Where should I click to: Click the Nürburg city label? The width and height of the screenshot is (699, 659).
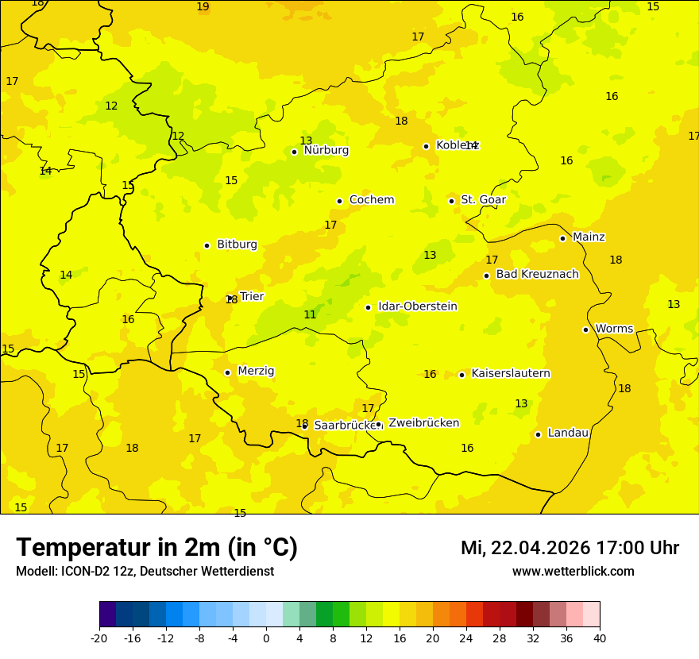click(x=326, y=150)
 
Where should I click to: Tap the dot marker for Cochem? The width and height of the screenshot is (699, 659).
click(x=339, y=201)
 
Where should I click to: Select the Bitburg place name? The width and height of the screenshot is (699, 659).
click(x=237, y=245)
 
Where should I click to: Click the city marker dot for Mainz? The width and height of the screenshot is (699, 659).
click(x=562, y=238)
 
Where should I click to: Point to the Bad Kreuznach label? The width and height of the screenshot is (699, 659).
click(x=537, y=274)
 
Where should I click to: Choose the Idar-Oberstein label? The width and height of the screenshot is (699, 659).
click(x=417, y=306)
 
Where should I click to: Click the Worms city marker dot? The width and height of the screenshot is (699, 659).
click(x=585, y=329)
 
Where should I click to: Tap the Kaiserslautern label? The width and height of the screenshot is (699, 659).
click(x=511, y=373)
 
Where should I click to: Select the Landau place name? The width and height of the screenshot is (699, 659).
click(x=568, y=433)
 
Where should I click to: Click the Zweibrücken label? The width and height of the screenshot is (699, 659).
click(x=423, y=422)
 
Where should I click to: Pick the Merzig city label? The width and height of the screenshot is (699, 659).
click(x=256, y=371)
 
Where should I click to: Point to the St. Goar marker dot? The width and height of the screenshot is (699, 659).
click(x=451, y=201)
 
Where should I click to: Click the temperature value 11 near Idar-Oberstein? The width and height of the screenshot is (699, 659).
click(x=310, y=315)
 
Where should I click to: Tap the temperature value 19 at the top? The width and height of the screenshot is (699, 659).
click(x=203, y=7)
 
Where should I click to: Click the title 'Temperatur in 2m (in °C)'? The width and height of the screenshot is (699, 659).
click(x=156, y=548)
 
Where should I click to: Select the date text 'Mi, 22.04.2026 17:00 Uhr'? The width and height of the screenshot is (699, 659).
click(x=570, y=548)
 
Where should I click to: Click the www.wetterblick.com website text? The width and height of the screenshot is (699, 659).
click(x=573, y=572)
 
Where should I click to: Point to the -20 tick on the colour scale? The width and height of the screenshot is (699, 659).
click(x=99, y=638)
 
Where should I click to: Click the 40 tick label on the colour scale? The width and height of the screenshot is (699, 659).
click(x=600, y=638)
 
